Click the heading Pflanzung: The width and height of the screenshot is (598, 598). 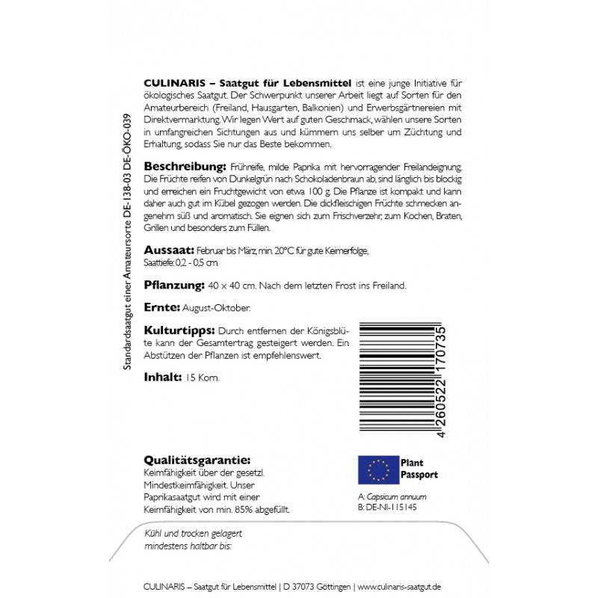[x=174, y=285]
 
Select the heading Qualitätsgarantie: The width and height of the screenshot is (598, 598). [x=197, y=460]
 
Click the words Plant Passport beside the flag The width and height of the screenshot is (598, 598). [x=419, y=469]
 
